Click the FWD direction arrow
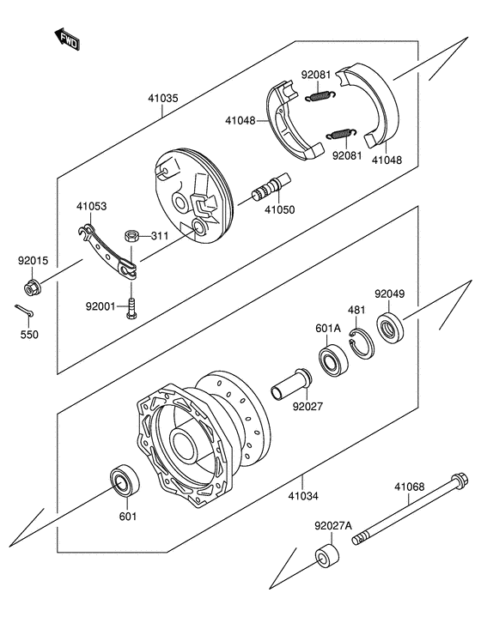(x=67, y=39)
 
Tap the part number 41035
(x=162, y=99)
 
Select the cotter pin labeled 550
(x=24, y=311)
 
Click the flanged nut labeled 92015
(x=33, y=287)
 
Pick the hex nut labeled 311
(x=131, y=236)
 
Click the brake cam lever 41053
(x=107, y=251)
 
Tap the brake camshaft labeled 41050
(x=271, y=186)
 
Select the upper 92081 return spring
(x=320, y=96)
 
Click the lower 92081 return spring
(x=341, y=134)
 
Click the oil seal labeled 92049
(x=390, y=327)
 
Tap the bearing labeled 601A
(x=333, y=360)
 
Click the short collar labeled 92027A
(x=327, y=556)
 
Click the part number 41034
(x=303, y=496)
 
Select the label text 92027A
(x=333, y=526)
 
